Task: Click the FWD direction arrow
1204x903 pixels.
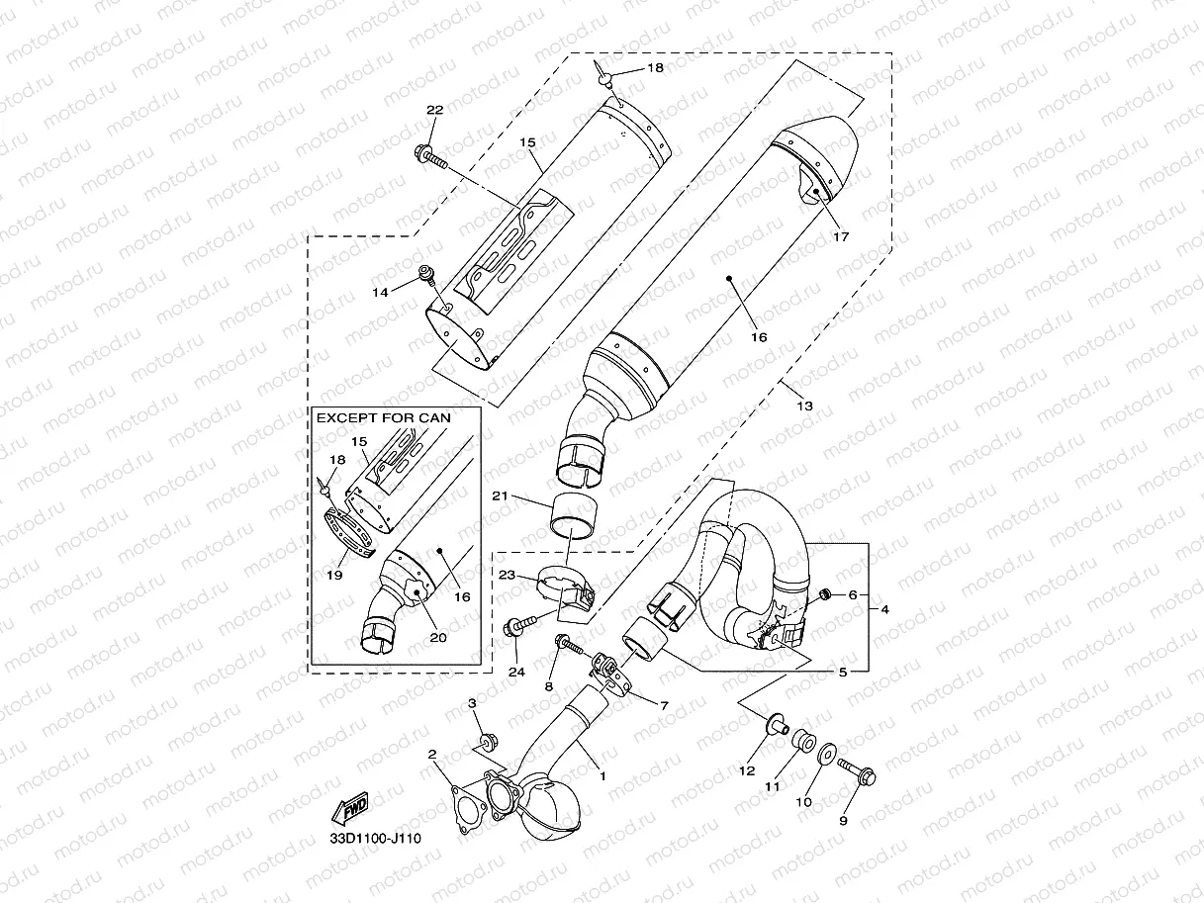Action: coord(349,808)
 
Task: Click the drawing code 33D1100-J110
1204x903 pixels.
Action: coord(376,839)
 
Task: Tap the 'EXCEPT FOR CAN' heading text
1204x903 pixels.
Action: coord(384,417)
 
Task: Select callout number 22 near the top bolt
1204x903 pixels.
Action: coord(435,110)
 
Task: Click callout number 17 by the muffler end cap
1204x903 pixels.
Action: coord(841,236)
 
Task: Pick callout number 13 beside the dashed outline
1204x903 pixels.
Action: coord(804,406)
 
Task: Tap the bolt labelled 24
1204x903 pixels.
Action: coord(521,625)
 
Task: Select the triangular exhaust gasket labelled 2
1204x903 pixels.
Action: coord(467,806)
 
